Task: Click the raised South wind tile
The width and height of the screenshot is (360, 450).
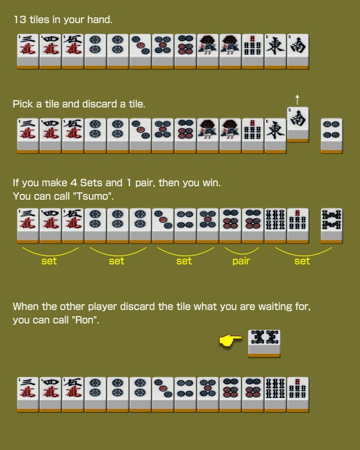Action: click(298, 124)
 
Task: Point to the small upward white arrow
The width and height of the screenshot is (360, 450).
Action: click(298, 100)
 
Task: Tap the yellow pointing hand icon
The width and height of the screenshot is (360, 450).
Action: click(231, 340)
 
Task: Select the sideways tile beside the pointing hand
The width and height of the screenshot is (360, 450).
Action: click(264, 344)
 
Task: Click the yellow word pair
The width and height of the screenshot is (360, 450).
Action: click(241, 261)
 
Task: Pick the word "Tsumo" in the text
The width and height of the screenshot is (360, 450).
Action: click(93, 196)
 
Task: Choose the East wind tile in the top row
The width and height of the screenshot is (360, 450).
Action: click(275, 52)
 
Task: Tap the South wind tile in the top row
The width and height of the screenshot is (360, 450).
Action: click(298, 52)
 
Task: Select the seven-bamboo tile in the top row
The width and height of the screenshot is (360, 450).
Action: click(253, 52)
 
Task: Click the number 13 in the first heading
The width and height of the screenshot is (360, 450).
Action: click(20, 20)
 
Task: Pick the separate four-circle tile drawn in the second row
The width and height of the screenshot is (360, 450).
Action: click(331, 136)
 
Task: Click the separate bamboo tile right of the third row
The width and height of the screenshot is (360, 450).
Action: click(331, 226)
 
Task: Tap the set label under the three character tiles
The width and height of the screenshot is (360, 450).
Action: click(49, 261)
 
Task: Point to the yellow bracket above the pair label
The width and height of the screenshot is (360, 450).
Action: click(242, 252)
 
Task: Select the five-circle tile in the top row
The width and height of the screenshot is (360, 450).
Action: click(163, 52)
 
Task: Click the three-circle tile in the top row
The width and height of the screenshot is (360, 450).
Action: click(141, 52)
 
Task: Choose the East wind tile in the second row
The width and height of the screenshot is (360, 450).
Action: click(275, 136)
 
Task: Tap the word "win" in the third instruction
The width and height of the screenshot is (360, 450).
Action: click(211, 183)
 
